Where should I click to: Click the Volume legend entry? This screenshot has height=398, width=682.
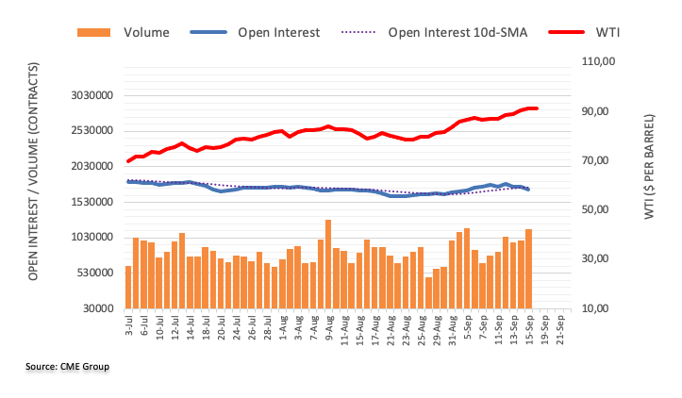(145, 32)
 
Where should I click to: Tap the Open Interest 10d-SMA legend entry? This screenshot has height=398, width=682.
(457, 32)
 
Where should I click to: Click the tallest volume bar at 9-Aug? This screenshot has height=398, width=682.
(327, 264)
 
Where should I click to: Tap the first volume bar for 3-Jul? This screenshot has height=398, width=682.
(128, 287)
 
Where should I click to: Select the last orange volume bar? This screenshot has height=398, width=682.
(529, 269)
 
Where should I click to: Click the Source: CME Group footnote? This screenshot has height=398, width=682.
(70, 365)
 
